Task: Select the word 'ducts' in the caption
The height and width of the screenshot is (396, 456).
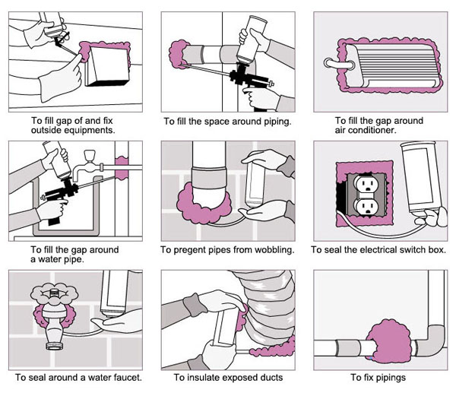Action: pos(270,377)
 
